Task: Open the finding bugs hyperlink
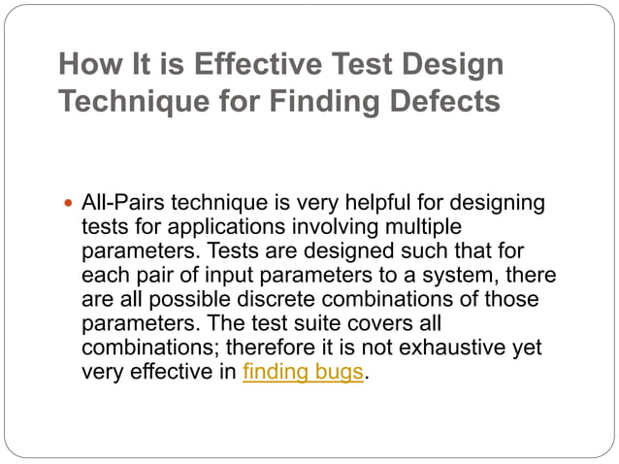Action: (303, 372)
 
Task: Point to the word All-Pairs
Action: (119, 204)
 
